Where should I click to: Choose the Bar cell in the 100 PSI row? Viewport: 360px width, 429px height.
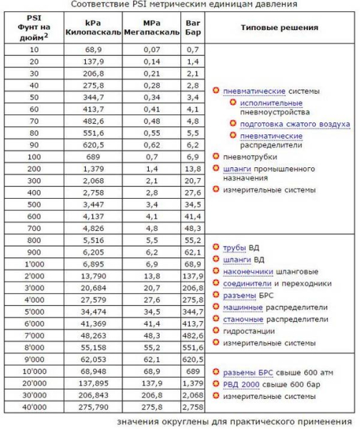191,156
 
